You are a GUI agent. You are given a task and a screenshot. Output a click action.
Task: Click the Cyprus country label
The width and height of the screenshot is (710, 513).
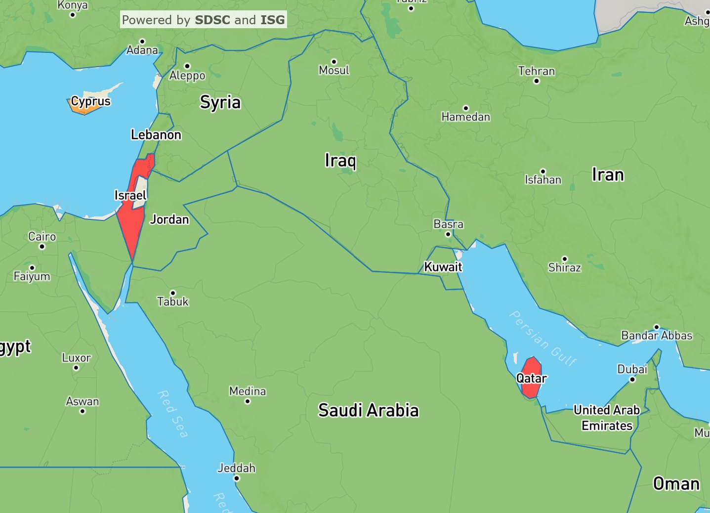click(x=91, y=101)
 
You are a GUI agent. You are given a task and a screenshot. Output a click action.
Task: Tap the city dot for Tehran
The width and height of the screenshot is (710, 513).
click(x=537, y=81)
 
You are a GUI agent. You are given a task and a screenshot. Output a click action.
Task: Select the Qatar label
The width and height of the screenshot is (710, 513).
click(x=531, y=379)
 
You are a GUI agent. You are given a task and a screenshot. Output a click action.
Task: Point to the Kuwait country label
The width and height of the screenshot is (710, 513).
click(x=443, y=267)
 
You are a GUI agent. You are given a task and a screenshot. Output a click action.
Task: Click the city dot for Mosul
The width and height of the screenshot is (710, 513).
click(x=334, y=62)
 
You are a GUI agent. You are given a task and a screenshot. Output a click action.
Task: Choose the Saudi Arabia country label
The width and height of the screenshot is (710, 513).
click(x=368, y=410)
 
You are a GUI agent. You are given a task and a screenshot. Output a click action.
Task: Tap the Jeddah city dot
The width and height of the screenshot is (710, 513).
click(x=237, y=478)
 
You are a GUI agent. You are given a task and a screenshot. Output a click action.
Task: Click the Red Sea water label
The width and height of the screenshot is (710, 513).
click(x=173, y=414)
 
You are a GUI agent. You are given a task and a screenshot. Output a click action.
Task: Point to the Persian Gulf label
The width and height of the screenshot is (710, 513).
click(x=543, y=339)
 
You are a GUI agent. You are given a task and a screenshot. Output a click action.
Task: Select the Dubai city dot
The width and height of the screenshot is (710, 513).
click(x=632, y=380)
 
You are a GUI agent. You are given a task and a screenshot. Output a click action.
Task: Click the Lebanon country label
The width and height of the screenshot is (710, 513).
click(x=156, y=135)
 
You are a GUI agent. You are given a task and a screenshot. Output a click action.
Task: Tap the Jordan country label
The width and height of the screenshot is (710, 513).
click(x=169, y=219)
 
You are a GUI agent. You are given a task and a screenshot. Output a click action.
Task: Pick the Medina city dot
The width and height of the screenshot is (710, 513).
click(x=248, y=401)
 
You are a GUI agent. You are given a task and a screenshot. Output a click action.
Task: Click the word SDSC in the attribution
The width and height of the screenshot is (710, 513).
click(x=212, y=20)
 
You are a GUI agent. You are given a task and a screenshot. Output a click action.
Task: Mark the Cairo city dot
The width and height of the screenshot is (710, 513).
click(x=42, y=247)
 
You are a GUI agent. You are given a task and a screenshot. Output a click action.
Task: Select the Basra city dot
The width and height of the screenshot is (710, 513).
click(x=448, y=234)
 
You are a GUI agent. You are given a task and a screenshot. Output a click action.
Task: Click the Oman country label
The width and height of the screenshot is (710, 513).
click(x=676, y=483)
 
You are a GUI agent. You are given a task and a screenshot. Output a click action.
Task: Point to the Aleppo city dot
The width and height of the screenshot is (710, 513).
click(x=187, y=66)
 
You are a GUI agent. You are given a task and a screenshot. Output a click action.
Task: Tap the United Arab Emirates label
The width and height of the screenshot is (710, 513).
click(x=607, y=418)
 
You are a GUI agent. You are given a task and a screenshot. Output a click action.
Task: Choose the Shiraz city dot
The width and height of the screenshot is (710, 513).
click(x=565, y=258)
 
